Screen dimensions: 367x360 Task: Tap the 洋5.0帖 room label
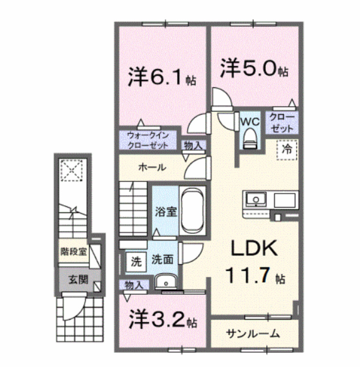(x=253, y=69)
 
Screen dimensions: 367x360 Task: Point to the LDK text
(x=254, y=249)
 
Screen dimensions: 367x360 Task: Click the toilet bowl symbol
(x=249, y=137)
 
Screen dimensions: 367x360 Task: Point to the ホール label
(x=152, y=167)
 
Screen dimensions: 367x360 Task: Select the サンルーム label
(x=253, y=334)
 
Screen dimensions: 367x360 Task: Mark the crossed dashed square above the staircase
(x=71, y=171)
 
